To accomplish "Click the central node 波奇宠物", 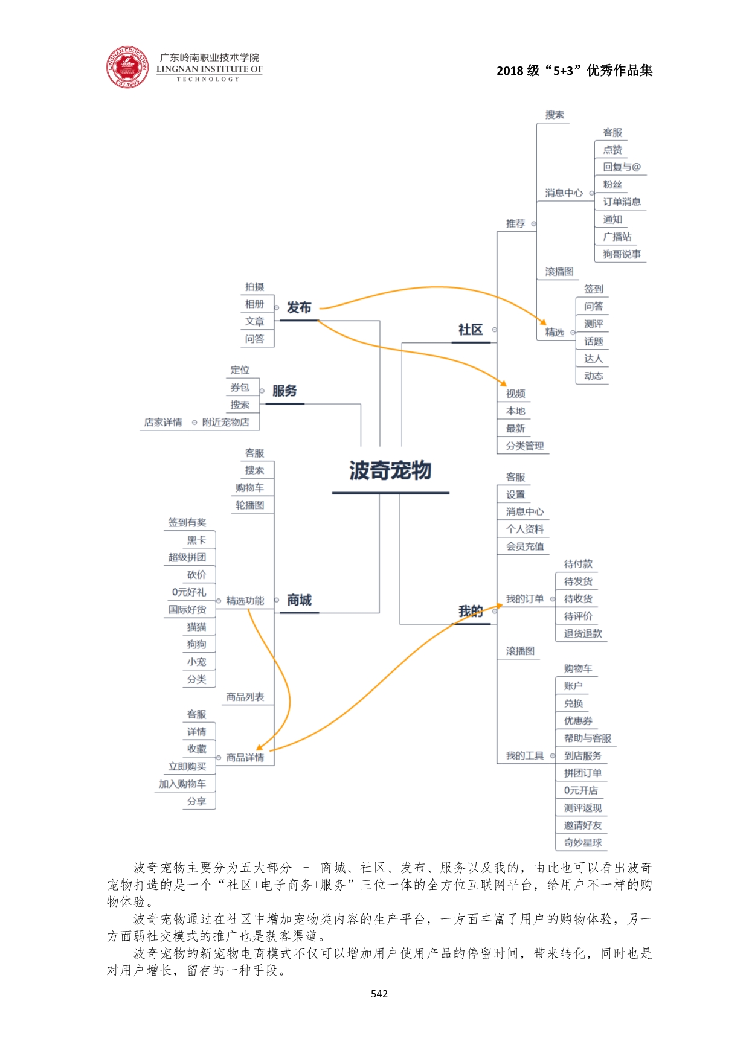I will click(390, 471).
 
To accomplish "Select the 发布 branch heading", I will click(299, 308).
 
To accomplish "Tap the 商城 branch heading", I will click(299, 600).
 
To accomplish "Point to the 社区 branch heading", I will click(471, 330).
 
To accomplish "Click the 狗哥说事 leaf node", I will click(622, 254).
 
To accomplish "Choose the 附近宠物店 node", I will click(225, 423).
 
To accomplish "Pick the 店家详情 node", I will click(163, 423).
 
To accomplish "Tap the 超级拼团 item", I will click(187, 557).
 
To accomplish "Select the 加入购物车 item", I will click(182, 784).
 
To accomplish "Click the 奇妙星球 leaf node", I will click(583, 842).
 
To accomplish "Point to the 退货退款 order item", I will click(583, 633).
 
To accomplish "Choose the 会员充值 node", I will click(525, 546).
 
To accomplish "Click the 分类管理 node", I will click(525, 446).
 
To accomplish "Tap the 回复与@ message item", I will click(622, 167).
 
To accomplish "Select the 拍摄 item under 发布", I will click(255, 287).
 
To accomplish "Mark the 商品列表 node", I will click(245, 697).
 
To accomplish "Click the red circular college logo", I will click(127, 66).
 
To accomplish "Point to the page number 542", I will click(379, 994).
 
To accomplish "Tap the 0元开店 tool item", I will click(580, 790).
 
